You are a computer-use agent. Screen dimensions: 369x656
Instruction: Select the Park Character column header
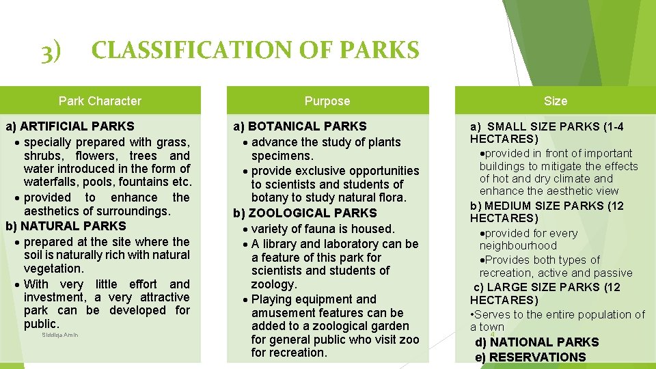[x=100, y=101]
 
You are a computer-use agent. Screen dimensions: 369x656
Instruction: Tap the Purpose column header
[x=327, y=101]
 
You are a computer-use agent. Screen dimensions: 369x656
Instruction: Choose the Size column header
[x=555, y=101]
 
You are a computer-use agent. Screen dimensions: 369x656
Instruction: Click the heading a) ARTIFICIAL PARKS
[x=70, y=126]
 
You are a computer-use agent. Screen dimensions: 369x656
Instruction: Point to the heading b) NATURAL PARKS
[x=66, y=226]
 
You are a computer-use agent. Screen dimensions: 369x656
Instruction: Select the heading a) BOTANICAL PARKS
[x=300, y=126]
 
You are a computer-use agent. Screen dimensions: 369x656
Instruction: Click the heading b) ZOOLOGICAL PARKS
[x=305, y=213]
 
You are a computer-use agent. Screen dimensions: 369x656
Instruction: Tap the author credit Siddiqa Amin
[x=60, y=335]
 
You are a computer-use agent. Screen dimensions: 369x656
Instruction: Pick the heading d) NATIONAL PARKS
[x=537, y=342]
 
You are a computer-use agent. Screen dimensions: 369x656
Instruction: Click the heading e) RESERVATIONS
[x=530, y=357]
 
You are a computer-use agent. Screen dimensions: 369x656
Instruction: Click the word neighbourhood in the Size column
[x=518, y=246]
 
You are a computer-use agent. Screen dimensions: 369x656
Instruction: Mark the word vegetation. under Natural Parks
[x=53, y=269]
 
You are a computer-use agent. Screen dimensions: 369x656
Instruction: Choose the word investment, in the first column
[x=53, y=297]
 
